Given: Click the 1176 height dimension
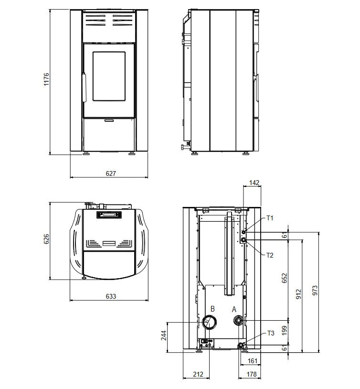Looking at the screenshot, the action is point(46,79).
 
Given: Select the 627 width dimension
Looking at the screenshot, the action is point(111,173).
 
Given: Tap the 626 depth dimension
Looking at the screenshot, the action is point(46,239).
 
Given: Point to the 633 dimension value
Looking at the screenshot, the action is point(111,296).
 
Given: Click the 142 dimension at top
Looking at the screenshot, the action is point(254,183).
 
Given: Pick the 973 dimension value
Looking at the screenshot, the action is point(315,290).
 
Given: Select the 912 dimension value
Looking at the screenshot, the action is point(299,294).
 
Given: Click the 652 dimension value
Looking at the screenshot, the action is point(285,278).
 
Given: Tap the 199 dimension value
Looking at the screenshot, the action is point(285,330).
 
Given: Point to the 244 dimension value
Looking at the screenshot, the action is point(164,335).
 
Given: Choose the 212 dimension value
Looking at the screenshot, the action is point(198,374).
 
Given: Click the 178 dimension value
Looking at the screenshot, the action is point(252,374).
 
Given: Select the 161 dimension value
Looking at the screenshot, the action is point(253,361).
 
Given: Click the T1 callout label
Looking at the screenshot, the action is point(270,218).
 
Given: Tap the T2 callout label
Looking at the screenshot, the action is point(270,255).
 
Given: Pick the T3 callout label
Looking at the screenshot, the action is point(271,333).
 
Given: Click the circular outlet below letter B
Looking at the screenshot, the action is point(210,323).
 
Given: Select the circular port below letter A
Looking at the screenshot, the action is point(239,321).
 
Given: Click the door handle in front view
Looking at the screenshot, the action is point(84,87).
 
